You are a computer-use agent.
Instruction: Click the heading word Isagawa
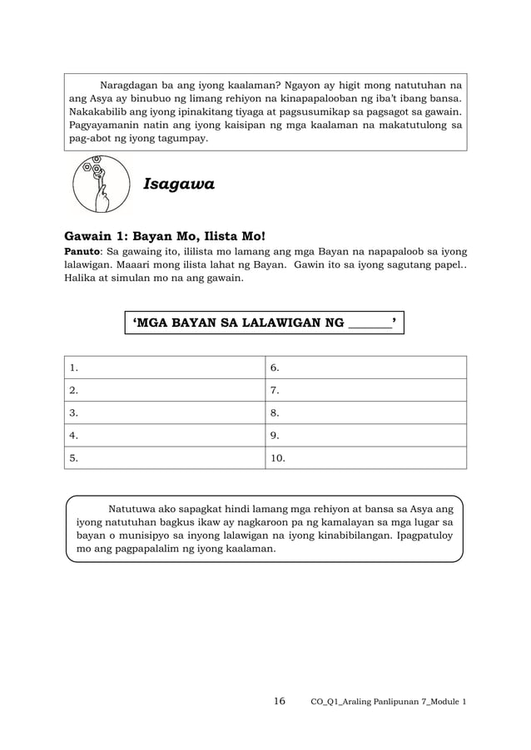click(x=179, y=185)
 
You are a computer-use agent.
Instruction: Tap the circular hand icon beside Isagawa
click(x=101, y=184)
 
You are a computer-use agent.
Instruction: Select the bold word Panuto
click(x=83, y=250)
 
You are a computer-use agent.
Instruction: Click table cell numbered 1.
click(x=165, y=368)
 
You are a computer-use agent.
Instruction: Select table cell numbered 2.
click(x=165, y=390)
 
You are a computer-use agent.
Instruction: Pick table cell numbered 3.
click(x=165, y=412)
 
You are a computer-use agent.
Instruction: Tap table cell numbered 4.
click(x=165, y=435)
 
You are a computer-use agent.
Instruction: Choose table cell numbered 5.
click(x=165, y=457)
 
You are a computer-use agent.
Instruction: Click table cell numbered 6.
click(x=365, y=368)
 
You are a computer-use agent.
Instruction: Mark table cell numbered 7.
click(x=365, y=390)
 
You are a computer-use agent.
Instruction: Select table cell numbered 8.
click(x=365, y=412)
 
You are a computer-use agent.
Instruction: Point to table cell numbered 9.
click(x=365, y=435)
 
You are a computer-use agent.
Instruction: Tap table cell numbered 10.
click(x=365, y=457)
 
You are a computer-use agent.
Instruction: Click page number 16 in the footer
click(x=279, y=702)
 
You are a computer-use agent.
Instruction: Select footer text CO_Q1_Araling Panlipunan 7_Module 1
click(x=388, y=703)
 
